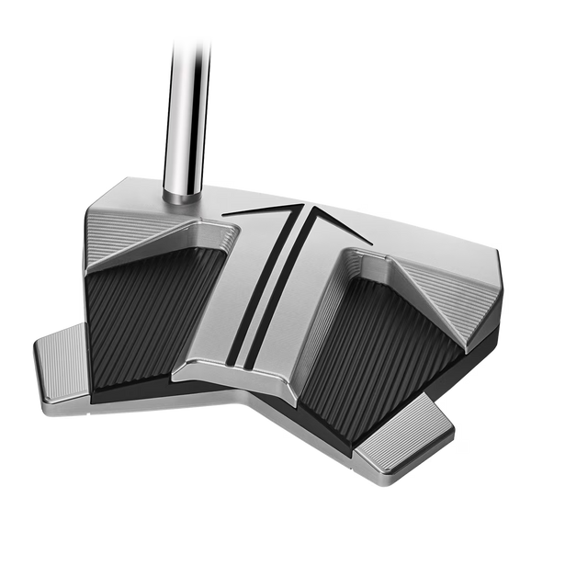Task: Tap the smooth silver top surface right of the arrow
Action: coord(404,234)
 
